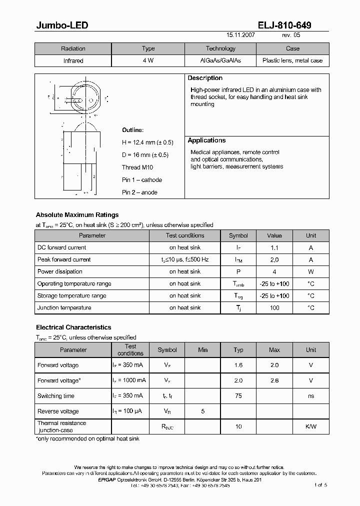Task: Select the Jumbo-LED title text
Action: coord(62,25)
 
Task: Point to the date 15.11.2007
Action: coord(240,36)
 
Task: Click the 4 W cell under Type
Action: coord(148,60)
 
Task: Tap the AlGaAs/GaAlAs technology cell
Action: coord(220,60)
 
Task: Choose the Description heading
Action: coord(205,78)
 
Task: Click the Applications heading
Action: coord(206,140)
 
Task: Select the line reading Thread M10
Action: coord(138,167)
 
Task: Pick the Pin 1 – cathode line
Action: coord(142,180)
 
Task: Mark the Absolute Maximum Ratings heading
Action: coord(77,215)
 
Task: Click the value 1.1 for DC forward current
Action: coord(274,247)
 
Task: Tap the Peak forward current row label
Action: coord(64,259)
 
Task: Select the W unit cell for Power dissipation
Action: coord(310,271)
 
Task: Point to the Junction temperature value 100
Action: coord(274,308)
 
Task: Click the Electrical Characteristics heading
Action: coord(73,327)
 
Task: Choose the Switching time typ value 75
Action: coord(238,396)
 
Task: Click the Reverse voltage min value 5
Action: coord(202,411)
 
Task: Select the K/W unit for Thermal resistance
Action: coord(310,426)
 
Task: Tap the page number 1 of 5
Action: coord(320,485)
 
